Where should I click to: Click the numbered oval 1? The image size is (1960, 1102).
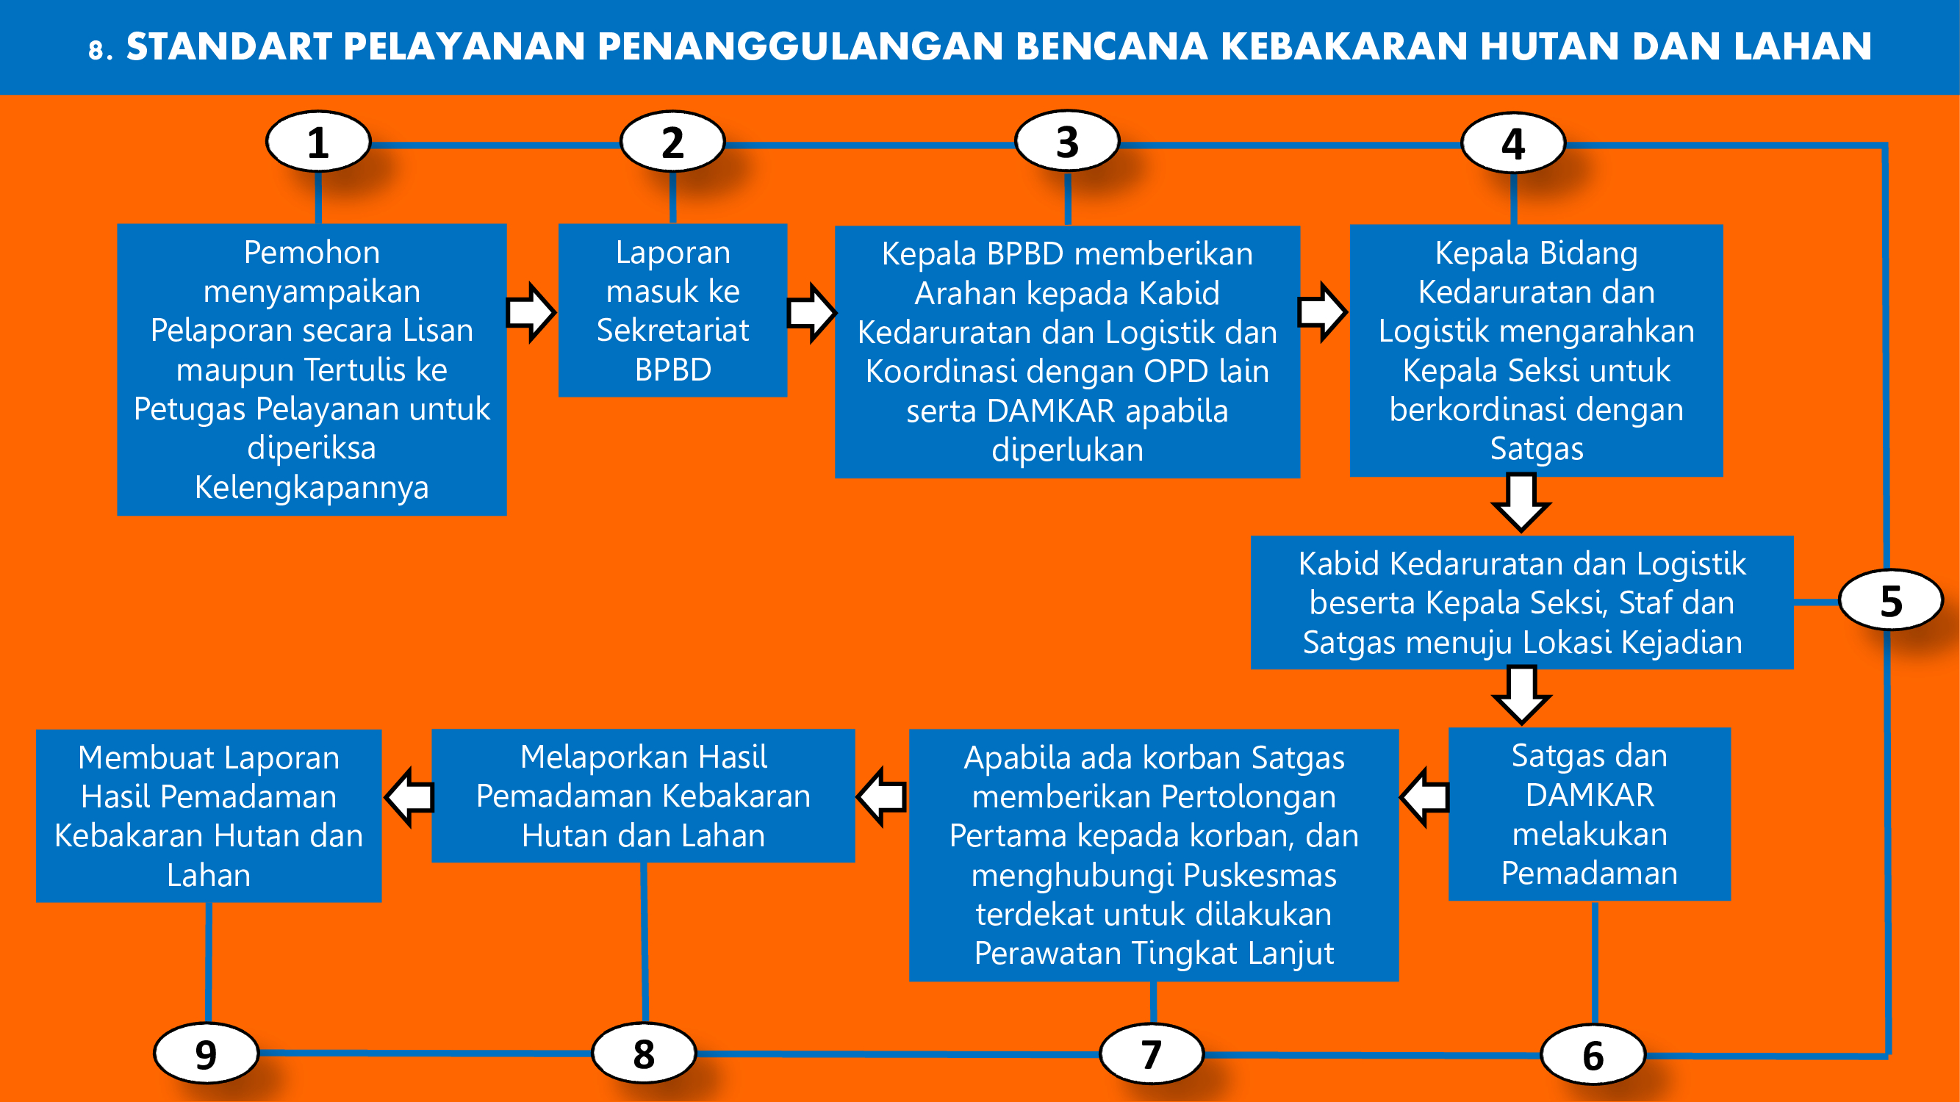(318, 143)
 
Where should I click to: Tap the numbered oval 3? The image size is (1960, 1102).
(1068, 142)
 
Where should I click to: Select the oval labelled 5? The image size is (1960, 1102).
(1891, 601)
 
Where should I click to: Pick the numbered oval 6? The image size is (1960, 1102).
(1593, 1055)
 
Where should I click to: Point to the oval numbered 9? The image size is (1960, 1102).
(207, 1054)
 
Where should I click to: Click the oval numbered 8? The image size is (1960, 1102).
(644, 1054)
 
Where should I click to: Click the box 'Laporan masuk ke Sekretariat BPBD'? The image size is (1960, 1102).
(672, 310)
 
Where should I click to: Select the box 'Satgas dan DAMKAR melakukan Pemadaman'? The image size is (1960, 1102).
(1590, 815)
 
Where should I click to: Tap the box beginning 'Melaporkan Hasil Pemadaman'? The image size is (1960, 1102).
(643, 796)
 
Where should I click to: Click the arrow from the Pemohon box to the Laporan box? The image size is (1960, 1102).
(532, 312)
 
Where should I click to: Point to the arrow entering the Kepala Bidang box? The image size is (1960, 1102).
(1323, 311)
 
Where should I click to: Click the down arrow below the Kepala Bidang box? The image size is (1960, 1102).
(1521, 502)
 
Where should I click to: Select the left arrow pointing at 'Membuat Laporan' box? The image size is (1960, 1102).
(409, 797)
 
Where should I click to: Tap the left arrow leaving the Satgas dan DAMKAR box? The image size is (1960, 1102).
(1424, 797)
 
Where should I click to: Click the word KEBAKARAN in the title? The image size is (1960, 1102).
(1345, 47)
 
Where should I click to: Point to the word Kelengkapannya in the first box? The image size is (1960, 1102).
(312, 488)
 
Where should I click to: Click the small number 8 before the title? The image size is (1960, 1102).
(96, 51)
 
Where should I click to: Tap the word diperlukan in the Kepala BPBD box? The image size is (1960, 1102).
(1068, 450)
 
